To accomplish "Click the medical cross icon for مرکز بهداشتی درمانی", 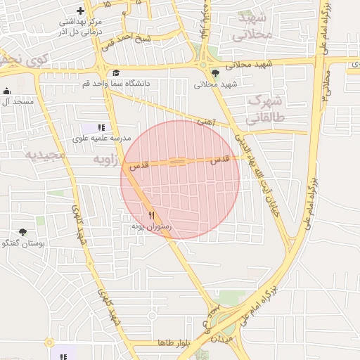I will pyautogui.click(x=81, y=11).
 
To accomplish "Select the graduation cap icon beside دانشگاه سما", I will pyautogui.click(x=116, y=72).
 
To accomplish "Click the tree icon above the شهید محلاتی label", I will pyautogui.click(x=215, y=73).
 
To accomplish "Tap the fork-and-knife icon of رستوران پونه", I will pyautogui.click(x=152, y=214).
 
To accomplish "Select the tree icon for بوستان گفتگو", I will pyautogui.click(x=23, y=231).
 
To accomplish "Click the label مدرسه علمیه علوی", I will pyautogui.click(x=102, y=139).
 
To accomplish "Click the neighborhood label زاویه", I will pyautogui.click(x=108, y=161).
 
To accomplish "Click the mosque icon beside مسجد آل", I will pyautogui.click(x=7, y=91).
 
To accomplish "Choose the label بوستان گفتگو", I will pyautogui.click(x=23, y=243).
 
